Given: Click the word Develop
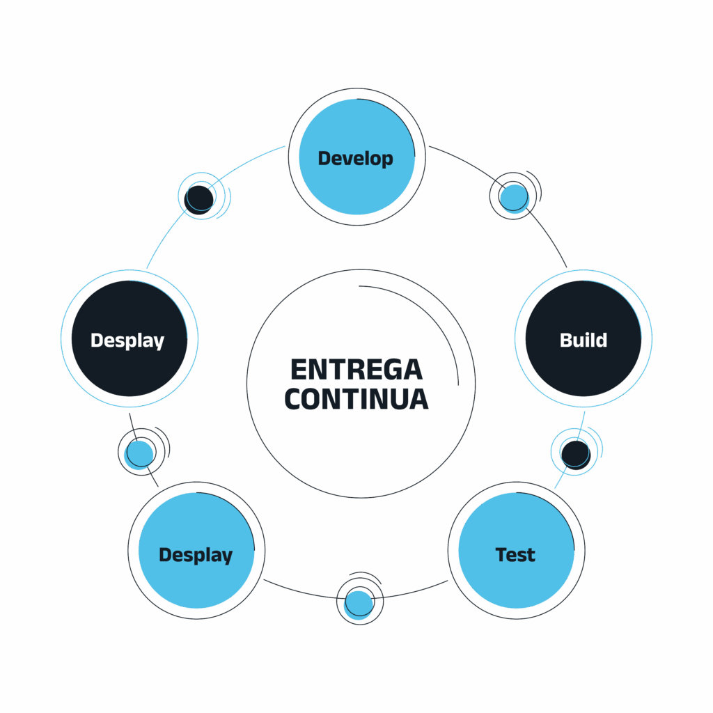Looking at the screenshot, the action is point(356,159).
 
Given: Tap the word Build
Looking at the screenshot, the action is point(583,340).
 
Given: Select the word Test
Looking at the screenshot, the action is point(515,555).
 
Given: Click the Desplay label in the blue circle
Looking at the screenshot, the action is point(196,555).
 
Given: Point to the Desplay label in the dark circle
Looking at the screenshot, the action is point(127,340).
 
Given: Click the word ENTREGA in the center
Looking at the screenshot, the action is point(356,370).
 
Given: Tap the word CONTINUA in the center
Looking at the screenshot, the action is point(356,399).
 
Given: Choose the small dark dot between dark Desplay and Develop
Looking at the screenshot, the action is point(198,200).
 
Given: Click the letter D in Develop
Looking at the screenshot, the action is point(324,158).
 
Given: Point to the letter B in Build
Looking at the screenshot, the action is point(566,340).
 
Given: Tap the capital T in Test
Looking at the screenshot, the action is point(502,555).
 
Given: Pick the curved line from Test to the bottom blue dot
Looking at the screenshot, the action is point(411,591).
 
